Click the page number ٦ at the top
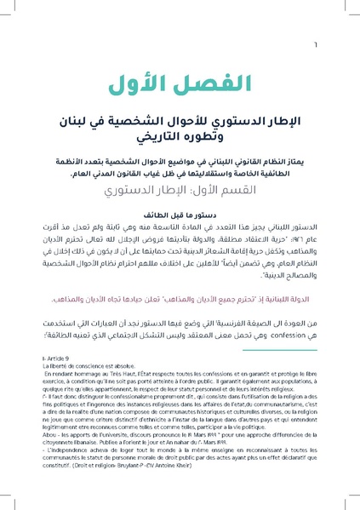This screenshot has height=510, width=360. [339, 24]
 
